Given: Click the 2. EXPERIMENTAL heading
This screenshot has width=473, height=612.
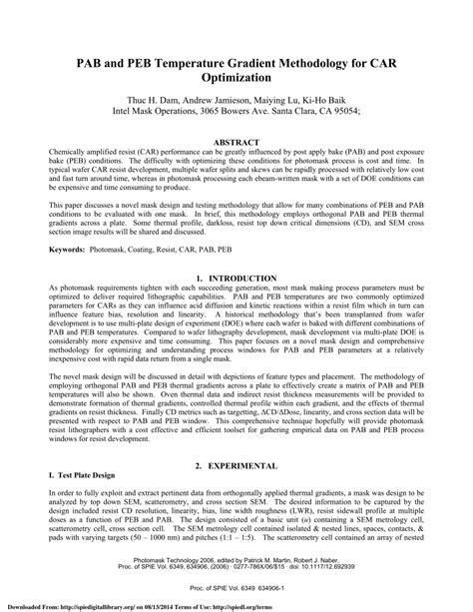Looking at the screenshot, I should pyautogui.click(x=236, y=467).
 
